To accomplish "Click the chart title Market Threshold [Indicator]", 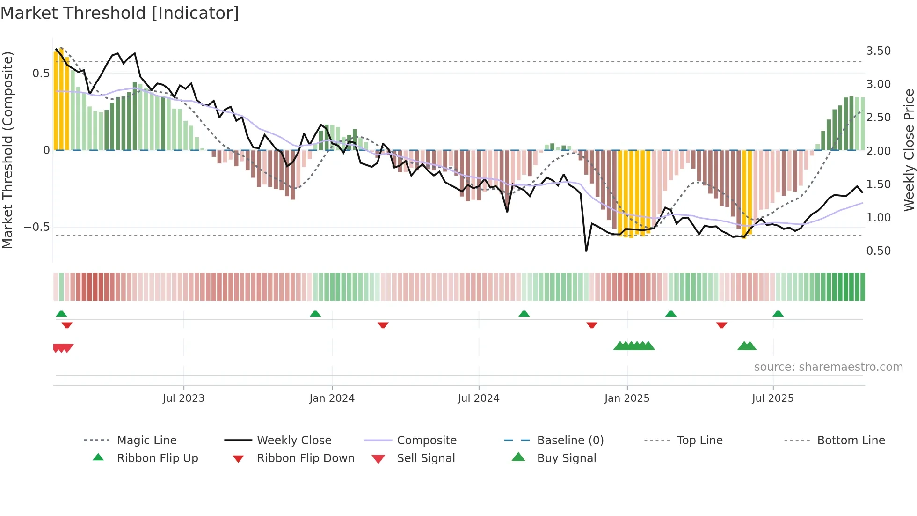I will click(120, 13).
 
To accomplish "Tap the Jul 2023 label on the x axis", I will click(183, 398).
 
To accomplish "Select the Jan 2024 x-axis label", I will click(332, 398).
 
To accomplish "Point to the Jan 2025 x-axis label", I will click(626, 398).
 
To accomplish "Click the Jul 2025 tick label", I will click(772, 398).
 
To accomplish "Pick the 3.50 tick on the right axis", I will click(878, 51).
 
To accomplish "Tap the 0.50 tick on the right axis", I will click(878, 251).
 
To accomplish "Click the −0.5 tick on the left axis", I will click(36, 227).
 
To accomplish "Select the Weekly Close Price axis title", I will click(909, 150).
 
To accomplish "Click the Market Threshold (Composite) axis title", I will click(7, 150).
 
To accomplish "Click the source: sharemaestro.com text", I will click(828, 367).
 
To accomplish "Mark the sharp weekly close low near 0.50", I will click(586, 251).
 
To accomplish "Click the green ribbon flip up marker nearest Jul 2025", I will click(778, 314).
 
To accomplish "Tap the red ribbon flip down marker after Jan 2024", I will click(383, 325).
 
